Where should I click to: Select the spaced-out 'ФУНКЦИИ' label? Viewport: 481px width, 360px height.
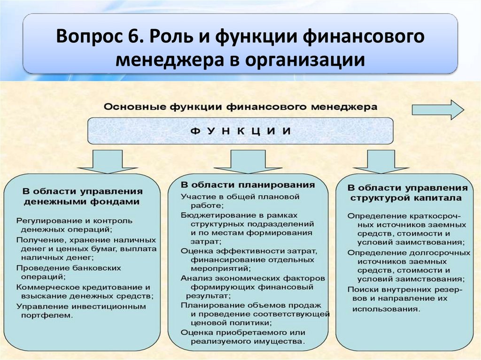coord(240,130)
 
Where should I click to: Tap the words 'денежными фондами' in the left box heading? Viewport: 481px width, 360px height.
coord(81,201)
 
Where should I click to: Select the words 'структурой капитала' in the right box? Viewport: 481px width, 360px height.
coord(405,198)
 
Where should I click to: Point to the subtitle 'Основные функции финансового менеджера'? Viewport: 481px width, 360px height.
coord(240,107)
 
